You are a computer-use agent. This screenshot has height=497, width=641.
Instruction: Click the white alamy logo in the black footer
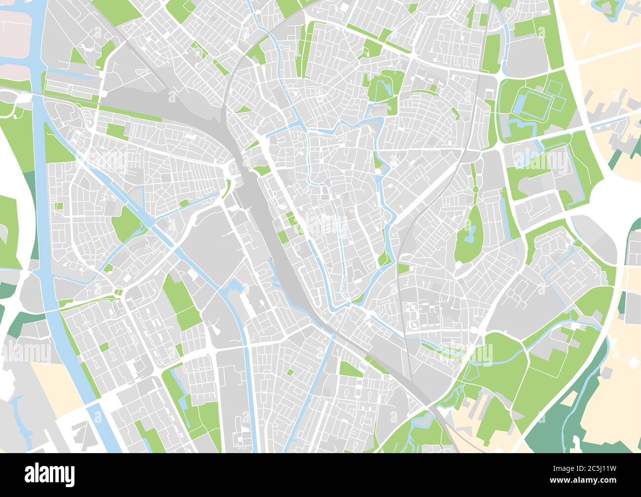pos(49,474)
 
